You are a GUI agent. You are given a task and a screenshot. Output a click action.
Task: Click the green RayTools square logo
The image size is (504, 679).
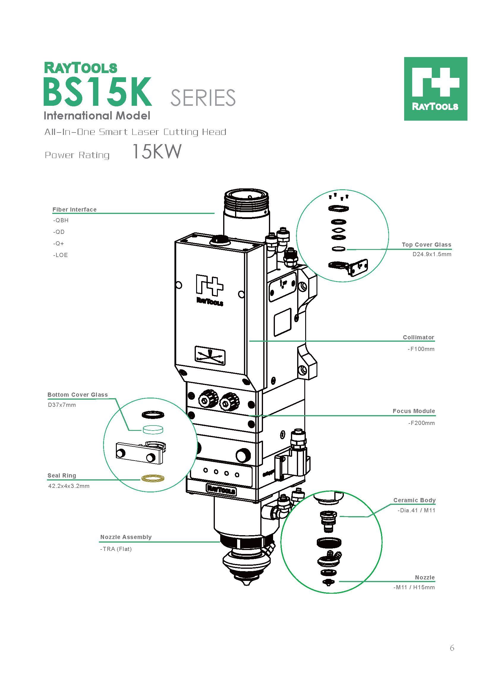coord(435,89)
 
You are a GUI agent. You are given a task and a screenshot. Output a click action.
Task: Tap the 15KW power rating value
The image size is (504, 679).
coord(157,152)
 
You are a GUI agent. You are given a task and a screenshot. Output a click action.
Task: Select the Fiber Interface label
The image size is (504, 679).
coord(74,209)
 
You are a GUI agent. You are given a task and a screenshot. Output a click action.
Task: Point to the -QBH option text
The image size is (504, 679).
coord(60,220)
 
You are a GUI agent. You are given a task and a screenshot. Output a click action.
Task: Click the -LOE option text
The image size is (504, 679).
coord(60,255)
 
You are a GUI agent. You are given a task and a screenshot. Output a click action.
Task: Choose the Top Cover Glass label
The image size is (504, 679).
coord(426,245)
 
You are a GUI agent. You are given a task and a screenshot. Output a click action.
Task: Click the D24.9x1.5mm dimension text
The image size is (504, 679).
coord(432,254)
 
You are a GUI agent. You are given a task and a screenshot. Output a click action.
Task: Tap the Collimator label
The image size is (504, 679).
coord(418,337)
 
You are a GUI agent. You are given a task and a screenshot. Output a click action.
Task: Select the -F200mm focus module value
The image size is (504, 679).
coord(421,423)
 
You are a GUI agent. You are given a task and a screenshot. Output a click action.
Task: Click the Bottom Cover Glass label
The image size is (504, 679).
coord(78,395)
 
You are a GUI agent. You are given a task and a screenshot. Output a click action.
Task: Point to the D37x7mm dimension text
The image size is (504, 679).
coord(62,405)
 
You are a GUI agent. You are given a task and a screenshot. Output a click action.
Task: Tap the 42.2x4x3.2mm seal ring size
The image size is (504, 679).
coord(69,486)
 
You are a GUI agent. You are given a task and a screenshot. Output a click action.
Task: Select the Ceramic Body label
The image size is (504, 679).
coord(414,500)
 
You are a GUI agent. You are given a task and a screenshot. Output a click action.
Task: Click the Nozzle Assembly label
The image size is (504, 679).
coord(126,537)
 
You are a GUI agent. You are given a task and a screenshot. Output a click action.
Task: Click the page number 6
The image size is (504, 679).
coord(452,656)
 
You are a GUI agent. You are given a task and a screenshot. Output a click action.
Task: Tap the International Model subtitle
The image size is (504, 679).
coord(97,116)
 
